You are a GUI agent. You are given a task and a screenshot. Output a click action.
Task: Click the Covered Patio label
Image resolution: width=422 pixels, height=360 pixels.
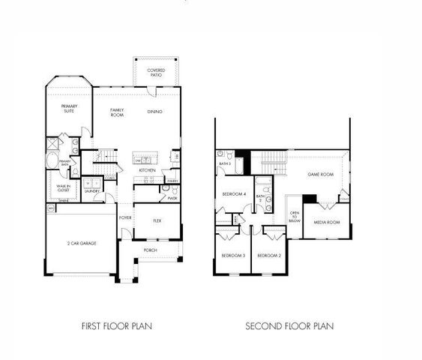(x=156, y=72)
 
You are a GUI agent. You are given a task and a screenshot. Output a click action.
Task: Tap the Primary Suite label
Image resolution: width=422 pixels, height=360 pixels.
(x=70, y=108)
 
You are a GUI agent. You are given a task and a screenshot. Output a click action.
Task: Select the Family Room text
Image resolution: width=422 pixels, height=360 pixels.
(x=117, y=112)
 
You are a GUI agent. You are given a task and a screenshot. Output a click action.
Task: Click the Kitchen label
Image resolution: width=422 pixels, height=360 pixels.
(x=147, y=170)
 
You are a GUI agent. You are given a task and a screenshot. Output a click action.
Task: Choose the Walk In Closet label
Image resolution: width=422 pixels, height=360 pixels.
(x=63, y=188)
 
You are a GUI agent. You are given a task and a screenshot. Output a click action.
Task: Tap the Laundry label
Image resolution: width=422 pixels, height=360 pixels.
(x=92, y=190)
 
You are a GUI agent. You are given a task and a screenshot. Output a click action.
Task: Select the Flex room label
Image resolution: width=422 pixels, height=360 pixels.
(x=157, y=220)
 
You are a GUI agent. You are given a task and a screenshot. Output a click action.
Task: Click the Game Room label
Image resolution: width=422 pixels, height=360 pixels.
(x=320, y=174)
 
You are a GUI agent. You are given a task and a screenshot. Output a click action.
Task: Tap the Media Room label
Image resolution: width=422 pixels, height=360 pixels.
(x=327, y=222)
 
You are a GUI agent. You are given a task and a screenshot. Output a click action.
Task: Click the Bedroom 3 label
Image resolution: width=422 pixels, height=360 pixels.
(x=233, y=256)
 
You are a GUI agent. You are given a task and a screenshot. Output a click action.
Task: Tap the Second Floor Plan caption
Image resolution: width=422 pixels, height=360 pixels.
(x=289, y=326)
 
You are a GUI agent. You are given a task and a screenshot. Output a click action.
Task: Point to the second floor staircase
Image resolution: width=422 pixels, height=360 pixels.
(x=274, y=159)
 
